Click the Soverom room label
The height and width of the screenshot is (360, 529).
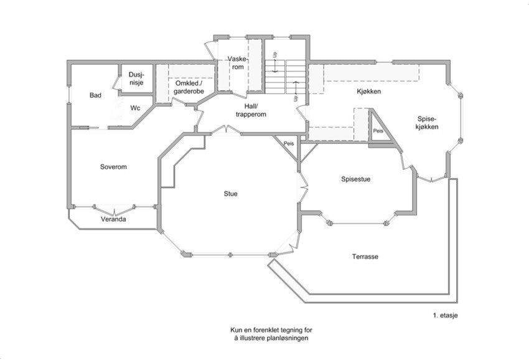pos(113,167)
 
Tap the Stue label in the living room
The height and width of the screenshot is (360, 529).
pos(231,194)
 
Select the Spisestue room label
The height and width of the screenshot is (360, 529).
pos(356,179)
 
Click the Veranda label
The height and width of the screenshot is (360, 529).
pos(113,220)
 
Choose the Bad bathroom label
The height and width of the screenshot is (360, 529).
pos(95,95)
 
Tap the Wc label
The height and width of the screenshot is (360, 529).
pos(136,108)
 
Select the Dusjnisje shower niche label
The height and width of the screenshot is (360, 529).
pos(136,78)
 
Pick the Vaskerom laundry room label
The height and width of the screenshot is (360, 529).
pos(237,63)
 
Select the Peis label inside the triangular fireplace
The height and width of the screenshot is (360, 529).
pos(378,131)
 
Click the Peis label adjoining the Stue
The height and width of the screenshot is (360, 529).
pos(288,143)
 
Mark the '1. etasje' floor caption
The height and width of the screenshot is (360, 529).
pos(446,316)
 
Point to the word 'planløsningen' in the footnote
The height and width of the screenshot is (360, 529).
pos(289,338)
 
